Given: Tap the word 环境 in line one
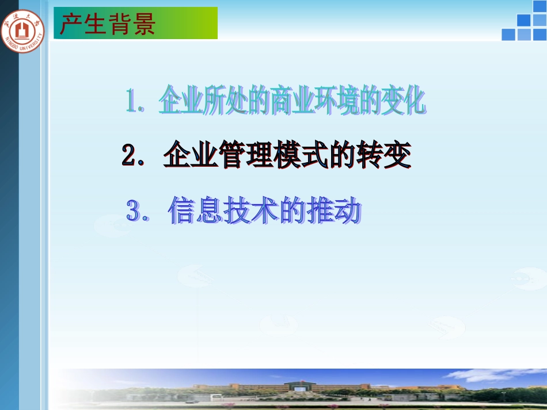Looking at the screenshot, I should click(x=354, y=101).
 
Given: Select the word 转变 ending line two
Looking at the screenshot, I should click(x=388, y=155).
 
